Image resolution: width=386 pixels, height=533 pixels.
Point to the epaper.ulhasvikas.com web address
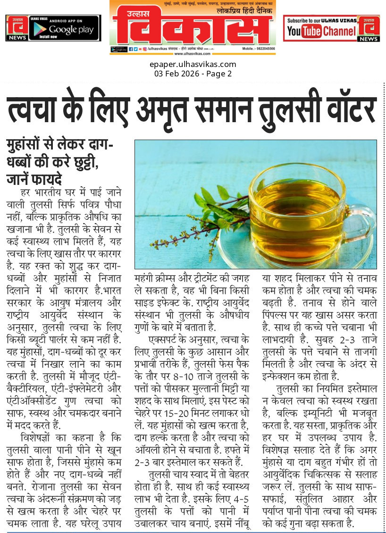(x=193, y=65)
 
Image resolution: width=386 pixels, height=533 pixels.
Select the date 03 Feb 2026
(x=176, y=74)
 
